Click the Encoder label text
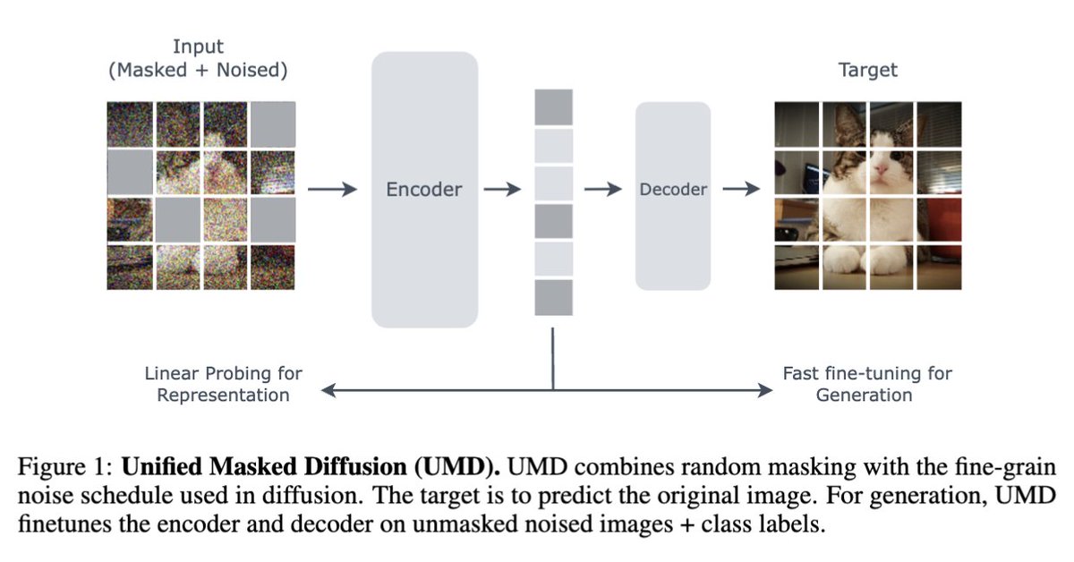pyautogui.click(x=424, y=190)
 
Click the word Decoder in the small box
pyautogui.click(x=673, y=190)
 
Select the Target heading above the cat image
pyautogui.click(x=867, y=70)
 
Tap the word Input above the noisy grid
pyautogui.click(x=198, y=47)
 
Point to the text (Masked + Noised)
pyautogui.click(x=198, y=71)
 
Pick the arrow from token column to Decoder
pyautogui.click(x=601, y=190)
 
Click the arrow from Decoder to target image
pyautogui.click(x=741, y=190)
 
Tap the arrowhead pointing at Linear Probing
pyautogui.click(x=328, y=390)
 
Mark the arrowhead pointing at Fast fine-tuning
pyautogui.click(x=765, y=390)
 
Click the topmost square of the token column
pyautogui.click(x=553, y=107)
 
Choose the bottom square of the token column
pyautogui.click(x=553, y=298)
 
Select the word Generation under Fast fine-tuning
pyautogui.click(x=864, y=395)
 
